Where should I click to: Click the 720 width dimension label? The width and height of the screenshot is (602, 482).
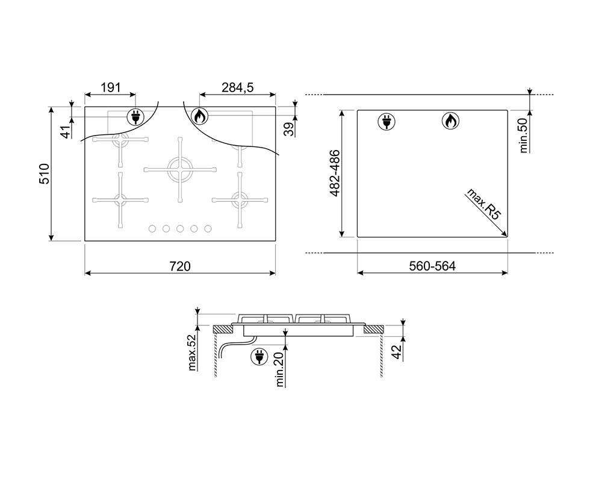[180, 266]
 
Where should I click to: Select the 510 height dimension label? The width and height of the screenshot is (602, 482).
[45, 174]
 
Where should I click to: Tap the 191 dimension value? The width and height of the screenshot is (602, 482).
[111, 87]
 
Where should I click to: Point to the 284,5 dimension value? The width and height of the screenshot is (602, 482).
[238, 87]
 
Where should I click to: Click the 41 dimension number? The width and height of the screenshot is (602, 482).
[66, 132]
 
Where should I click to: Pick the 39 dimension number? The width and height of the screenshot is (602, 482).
[289, 129]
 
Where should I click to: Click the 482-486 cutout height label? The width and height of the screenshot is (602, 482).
[335, 174]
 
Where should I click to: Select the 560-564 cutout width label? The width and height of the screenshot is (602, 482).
[432, 266]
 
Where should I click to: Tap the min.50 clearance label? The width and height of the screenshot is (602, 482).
[523, 136]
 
